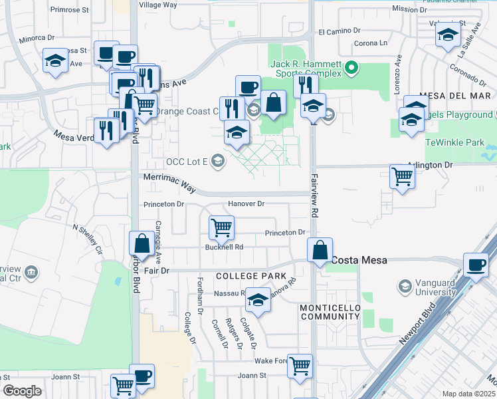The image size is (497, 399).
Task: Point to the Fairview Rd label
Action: [x=314, y=193]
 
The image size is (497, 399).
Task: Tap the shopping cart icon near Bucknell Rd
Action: [x=221, y=228]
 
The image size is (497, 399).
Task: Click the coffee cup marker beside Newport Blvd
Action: [x=476, y=265]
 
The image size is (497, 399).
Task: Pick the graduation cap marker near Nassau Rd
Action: [x=258, y=300]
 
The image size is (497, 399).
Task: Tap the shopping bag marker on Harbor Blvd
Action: [x=142, y=243]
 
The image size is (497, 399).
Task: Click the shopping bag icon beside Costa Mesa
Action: [x=320, y=251]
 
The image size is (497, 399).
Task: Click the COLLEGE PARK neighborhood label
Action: [x=250, y=275]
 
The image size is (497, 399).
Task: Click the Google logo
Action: [x=22, y=391]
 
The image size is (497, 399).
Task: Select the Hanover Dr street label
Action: [x=246, y=203]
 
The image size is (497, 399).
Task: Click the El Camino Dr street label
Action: [x=339, y=31]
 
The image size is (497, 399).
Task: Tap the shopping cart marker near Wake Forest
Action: [x=300, y=365]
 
